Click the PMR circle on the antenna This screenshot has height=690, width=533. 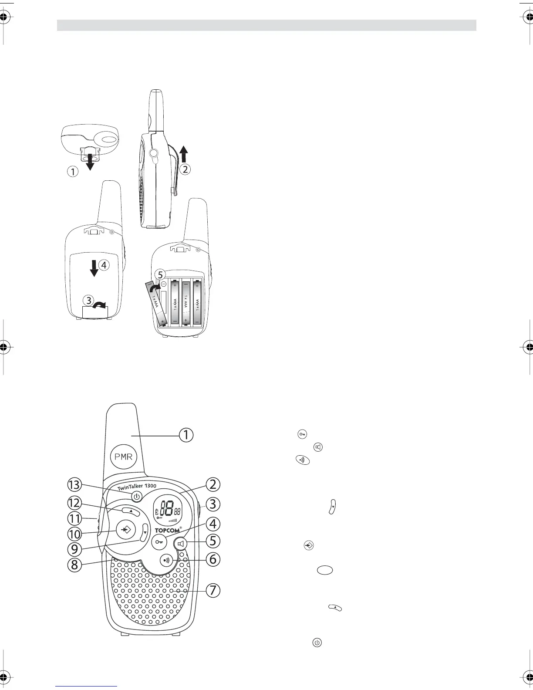pos(124,457)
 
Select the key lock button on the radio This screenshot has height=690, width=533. pos(158,542)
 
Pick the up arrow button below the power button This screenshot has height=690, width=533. pos(131,511)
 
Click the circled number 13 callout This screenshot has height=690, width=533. pos(74,484)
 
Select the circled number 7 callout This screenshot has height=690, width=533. pos(213,591)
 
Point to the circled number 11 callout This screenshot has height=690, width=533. pos(74,518)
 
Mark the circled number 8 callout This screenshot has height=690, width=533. pos(74,565)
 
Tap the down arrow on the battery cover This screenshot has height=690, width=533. pos(94,267)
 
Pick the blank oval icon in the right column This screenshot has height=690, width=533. pos(325,570)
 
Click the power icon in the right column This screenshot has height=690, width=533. pos(317,643)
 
